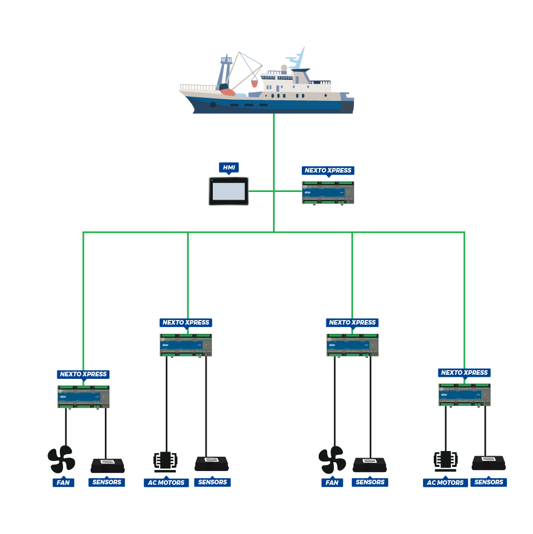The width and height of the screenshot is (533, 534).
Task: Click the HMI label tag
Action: (x=229, y=167)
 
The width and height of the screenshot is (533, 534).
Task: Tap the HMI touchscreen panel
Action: (x=229, y=191)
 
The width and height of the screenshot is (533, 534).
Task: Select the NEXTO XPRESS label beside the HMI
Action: (x=328, y=170)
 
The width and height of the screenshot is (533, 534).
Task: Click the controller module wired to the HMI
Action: (x=328, y=192)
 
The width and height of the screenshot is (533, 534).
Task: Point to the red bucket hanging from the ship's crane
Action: (x=254, y=83)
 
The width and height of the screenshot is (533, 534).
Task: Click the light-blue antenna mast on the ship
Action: (x=297, y=59)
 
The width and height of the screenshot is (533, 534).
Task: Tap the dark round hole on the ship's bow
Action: (x=213, y=104)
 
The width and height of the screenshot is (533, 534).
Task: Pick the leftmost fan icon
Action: (x=61, y=459)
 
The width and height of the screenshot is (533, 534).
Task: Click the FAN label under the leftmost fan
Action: (x=63, y=482)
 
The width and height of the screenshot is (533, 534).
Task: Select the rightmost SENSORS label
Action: (x=489, y=482)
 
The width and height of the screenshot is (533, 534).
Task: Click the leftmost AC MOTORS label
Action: (x=166, y=482)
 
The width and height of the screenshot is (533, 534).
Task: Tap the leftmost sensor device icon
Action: (x=107, y=465)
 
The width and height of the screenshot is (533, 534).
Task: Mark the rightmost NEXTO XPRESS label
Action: (x=464, y=373)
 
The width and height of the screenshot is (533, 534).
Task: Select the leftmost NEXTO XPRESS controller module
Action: (x=83, y=397)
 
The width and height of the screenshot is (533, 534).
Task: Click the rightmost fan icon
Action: (x=332, y=459)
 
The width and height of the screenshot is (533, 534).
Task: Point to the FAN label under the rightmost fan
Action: (x=332, y=482)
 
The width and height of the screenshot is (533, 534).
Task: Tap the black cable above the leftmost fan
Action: (x=66, y=428)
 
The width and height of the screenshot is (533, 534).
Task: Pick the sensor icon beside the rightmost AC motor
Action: (x=489, y=463)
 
